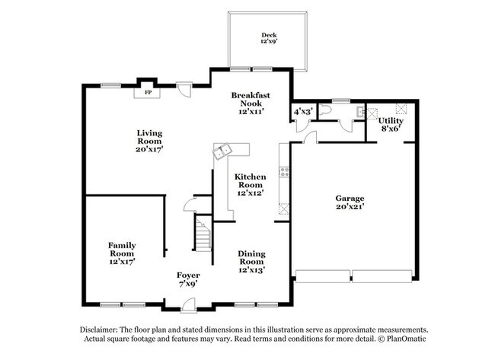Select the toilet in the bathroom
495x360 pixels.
coord(325,110)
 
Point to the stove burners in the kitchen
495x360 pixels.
coord(285,172)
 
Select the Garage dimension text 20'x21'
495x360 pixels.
coord(350,206)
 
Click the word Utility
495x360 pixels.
coord(391,121)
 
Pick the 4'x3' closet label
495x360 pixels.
coord(302,112)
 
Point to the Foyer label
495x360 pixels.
coord(188,275)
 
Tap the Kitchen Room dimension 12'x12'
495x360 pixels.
coord(249,193)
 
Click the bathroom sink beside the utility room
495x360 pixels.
coord(358,111)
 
